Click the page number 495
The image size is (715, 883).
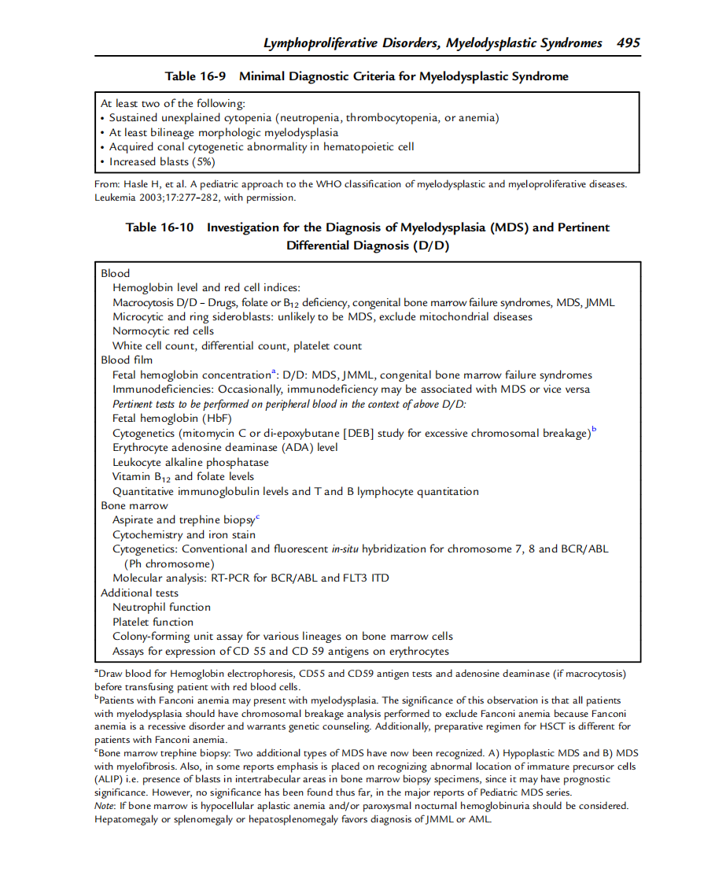coord(628,42)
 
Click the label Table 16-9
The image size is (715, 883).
coord(195,76)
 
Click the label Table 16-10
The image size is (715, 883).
coord(160,227)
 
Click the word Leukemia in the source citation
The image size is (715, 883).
coord(116,198)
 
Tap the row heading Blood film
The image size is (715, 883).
coord(127,360)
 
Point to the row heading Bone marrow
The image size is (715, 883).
coord(134,505)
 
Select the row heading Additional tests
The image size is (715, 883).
coord(139,593)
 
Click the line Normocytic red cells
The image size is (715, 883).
coord(163,331)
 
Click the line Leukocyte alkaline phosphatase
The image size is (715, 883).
coord(190,462)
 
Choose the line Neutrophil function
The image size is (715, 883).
coord(161,607)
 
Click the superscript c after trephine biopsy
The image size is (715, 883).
coord(257,517)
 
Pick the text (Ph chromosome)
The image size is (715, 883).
coord(168,563)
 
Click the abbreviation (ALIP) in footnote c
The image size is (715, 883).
coord(108,779)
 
